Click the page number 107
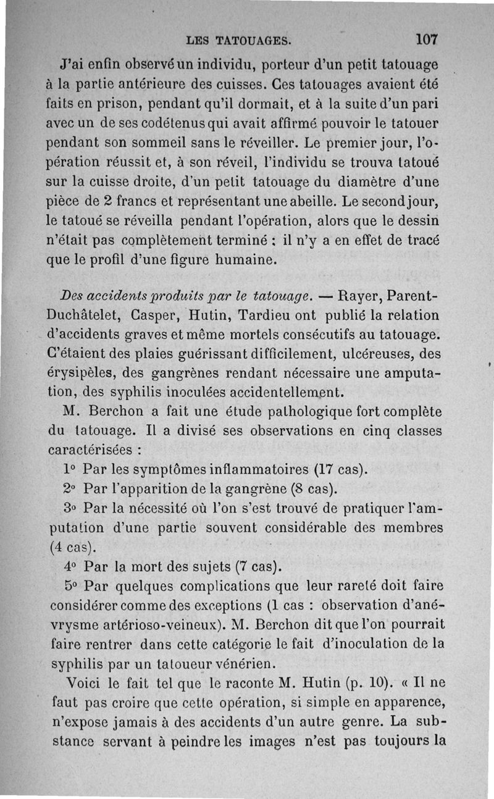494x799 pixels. tap(427, 39)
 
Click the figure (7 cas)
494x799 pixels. tap(251, 566)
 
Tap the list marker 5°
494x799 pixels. tap(72, 585)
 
